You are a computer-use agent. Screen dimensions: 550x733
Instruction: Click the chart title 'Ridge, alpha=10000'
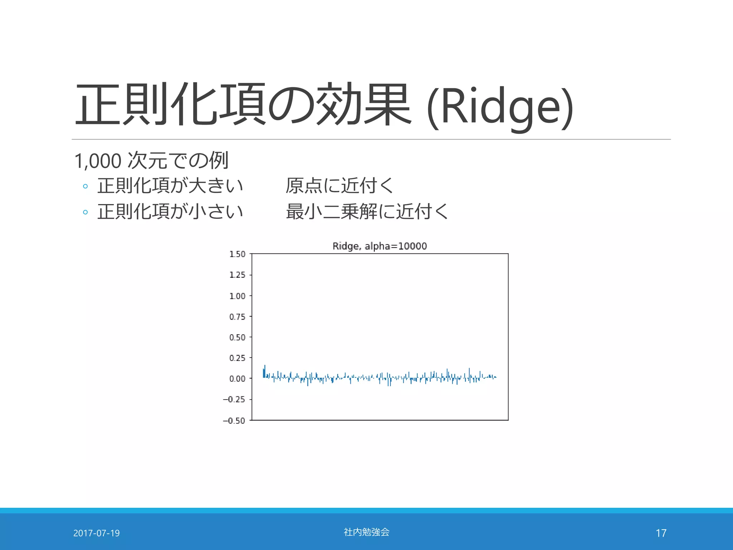pos(380,246)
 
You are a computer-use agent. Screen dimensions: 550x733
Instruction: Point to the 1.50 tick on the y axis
pos(237,254)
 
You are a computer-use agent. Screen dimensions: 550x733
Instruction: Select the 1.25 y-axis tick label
pos(237,275)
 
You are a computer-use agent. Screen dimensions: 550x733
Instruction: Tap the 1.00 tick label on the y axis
pos(237,296)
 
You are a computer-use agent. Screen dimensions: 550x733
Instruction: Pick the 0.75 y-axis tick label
pos(237,317)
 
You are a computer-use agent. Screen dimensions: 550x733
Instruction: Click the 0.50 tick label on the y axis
pos(237,337)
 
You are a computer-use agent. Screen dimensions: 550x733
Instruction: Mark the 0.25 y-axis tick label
pos(237,358)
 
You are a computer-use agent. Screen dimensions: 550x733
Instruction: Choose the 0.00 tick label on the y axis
pos(237,379)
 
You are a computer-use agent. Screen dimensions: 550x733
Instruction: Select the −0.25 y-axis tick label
pos(234,400)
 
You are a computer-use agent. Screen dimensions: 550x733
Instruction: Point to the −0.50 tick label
pos(234,421)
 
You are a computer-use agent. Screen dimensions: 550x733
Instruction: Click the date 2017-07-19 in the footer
pos(96,533)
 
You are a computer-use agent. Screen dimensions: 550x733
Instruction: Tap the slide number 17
pos(661,533)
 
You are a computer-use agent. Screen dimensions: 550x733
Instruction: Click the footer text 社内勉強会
pos(366,532)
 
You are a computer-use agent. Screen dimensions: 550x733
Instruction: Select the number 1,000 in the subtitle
pos(98,161)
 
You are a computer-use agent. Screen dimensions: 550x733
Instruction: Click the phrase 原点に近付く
pos(339,186)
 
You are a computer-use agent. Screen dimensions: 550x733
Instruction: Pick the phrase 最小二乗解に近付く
pos(367,211)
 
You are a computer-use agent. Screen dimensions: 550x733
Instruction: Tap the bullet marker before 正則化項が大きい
pos(85,186)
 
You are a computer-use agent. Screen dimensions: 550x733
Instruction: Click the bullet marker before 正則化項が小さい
pos(85,212)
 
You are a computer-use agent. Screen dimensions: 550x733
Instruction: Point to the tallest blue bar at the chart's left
pos(265,371)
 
